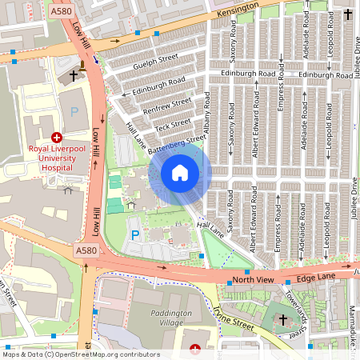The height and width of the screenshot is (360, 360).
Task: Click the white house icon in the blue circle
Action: click(x=180, y=173)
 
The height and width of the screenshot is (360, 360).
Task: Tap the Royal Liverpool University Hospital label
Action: click(x=56, y=158)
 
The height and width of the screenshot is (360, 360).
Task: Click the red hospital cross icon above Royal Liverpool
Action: click(x=57, y=138)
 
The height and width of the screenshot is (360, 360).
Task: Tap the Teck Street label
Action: click(x=174, y=124)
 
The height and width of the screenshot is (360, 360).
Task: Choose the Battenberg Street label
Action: click(x=177, y=142)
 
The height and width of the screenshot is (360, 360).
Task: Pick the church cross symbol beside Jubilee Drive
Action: click(x=347, y=14)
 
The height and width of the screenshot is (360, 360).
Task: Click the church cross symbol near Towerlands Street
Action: click(x=282, y=320)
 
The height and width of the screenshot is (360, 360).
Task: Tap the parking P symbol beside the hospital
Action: click(x=74, y=112)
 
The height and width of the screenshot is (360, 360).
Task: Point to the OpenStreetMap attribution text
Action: click(x=81, y=354)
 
